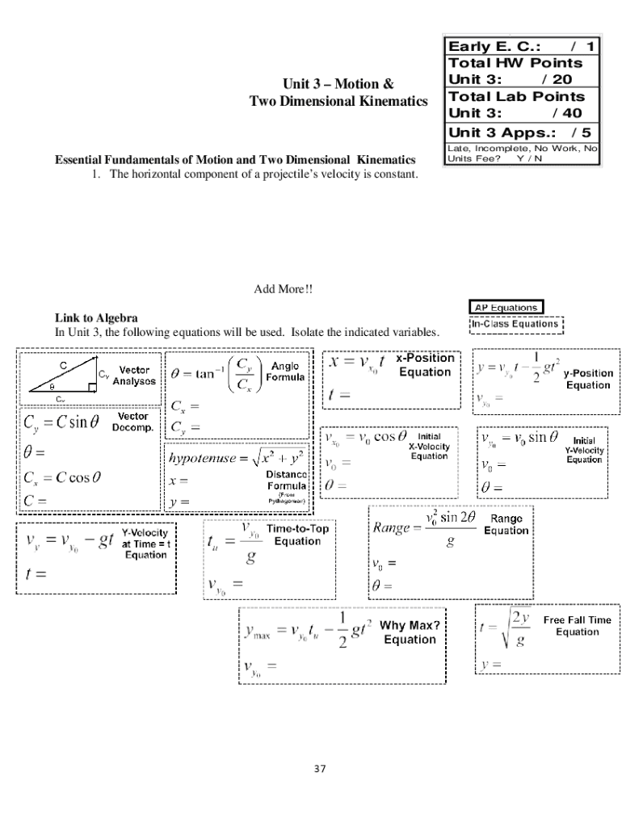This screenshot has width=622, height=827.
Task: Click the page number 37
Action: (319, 768)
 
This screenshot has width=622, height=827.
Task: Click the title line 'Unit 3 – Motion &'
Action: (338, 84)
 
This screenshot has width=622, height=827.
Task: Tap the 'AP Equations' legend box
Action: (506, 307)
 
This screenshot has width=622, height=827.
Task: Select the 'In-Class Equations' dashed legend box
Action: (515, 324)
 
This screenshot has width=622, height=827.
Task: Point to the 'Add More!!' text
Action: (284, 289)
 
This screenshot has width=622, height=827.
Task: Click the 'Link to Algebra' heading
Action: (96, 318)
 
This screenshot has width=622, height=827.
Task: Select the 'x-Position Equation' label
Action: (425, 365)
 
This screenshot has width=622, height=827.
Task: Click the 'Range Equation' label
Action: (506, 524)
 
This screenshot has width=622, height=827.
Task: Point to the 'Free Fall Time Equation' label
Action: (577, 626)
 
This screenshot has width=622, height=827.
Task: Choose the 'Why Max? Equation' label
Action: (410, 632)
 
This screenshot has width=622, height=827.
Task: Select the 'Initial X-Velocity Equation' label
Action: (429, 446)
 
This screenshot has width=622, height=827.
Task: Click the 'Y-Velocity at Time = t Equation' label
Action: (145, 544)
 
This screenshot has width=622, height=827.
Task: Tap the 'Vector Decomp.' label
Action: (132, 422)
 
